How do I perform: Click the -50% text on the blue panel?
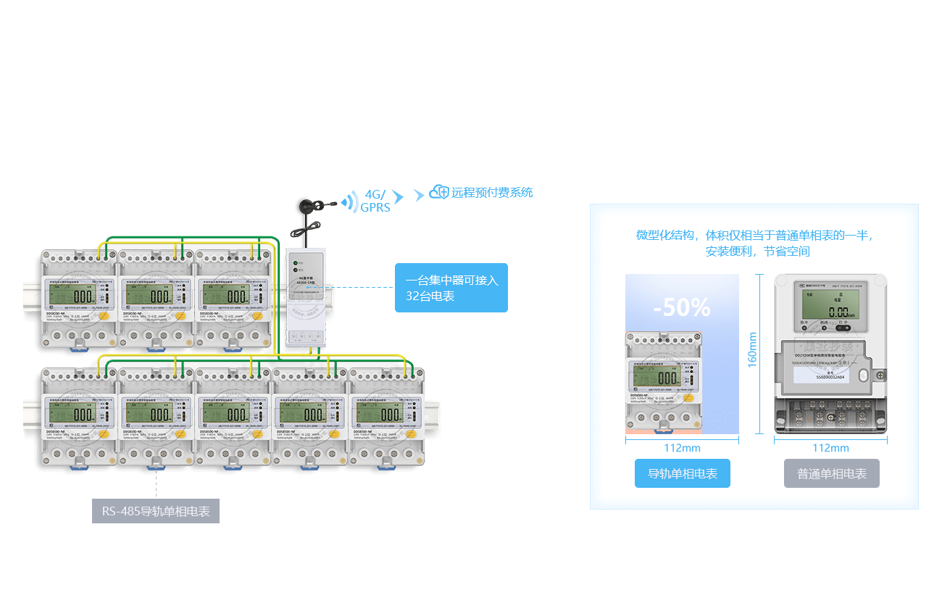[x=682, y=307]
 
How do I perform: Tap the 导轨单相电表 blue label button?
[x=682, y=473]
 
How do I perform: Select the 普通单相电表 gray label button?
[x=831, y=473]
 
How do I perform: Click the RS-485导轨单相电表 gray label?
[x=156, y=511]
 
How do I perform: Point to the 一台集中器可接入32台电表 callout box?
[x=451, y=288]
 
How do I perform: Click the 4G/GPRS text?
[x=376, y=201]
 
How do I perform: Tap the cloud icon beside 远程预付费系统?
[x=438, y=192]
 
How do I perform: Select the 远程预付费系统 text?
[x=492, y=193]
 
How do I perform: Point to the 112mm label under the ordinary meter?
[x=830, y=448]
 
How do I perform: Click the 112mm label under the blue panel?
[x=682, y=448]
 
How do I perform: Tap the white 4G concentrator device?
[x=307, y=296]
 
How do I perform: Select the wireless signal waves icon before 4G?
[x=351, y=201]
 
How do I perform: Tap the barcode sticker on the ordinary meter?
[x=820, y=374]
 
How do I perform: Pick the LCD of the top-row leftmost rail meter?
[x=72, y=295]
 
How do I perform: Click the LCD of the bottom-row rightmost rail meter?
[x=379, y=413]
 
